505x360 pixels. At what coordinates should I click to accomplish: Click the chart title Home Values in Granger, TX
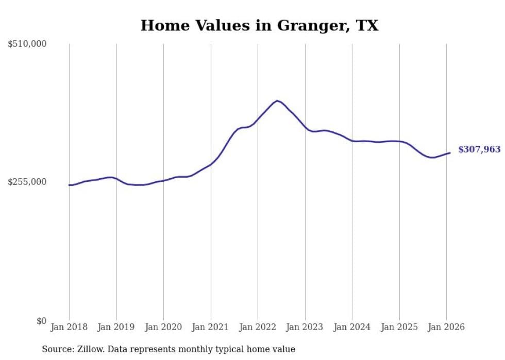(259, 25)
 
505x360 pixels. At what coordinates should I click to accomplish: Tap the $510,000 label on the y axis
(27, 44)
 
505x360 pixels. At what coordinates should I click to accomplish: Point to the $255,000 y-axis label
(27, 182)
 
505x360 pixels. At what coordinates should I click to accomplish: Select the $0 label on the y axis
(41, 321)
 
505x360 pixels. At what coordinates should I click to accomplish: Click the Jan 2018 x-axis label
(69, 327)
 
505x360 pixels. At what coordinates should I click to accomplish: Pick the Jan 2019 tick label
(116, 327)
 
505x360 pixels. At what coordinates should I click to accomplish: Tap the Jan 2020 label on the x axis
(163, 327)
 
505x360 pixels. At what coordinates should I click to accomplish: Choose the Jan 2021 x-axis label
(211, 327)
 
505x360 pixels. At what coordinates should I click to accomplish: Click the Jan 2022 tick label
(258, 327)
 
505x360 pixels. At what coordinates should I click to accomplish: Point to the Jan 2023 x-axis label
(305, 327)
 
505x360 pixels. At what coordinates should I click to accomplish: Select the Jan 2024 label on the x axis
(352, 327)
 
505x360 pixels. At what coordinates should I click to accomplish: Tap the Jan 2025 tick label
(399, 327)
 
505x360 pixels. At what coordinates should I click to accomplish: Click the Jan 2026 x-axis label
(446, 327)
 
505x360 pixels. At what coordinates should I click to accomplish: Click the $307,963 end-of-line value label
(479, 150)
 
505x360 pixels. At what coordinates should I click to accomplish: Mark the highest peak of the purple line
(277, 100)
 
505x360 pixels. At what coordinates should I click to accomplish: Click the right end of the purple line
(450, 152)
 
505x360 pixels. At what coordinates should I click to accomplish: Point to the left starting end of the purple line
(69, 185)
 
